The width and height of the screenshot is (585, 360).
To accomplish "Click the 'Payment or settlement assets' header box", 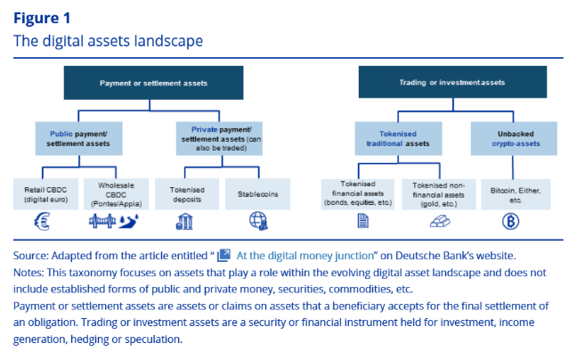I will pos(153,82).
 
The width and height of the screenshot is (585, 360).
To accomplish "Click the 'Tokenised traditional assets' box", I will pos(398,137).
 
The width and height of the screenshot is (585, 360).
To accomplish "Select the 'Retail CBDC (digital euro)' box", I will pos(45,194).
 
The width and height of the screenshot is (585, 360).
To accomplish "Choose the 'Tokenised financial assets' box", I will pos(357,194).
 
